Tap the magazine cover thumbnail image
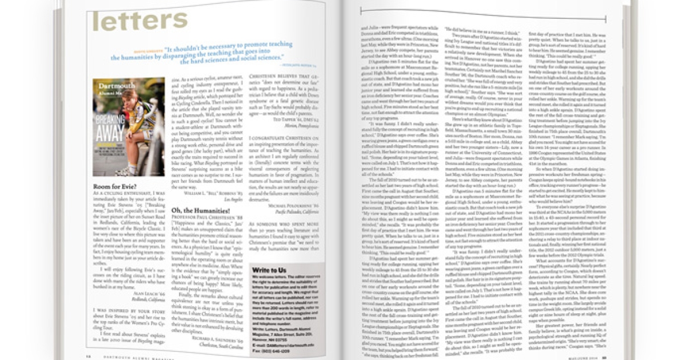[125, 127]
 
